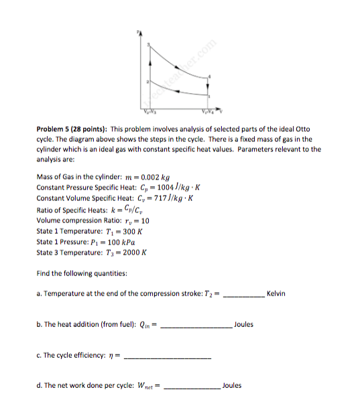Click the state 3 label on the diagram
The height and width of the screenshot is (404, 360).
(x=149, y=44)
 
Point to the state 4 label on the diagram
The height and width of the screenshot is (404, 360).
(x=210, y=76)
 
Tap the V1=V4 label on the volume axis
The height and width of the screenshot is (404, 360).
(x=208, y=110)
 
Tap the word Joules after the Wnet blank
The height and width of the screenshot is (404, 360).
(x=231, y=385)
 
